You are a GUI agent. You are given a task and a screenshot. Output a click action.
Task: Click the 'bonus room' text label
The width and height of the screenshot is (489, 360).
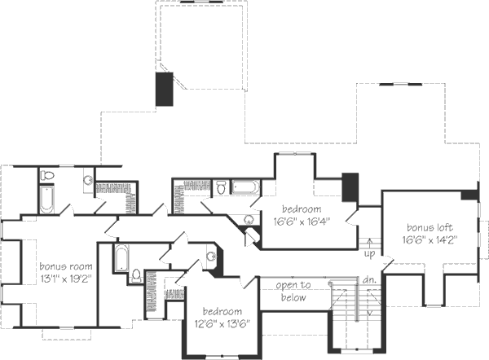pos(65,266)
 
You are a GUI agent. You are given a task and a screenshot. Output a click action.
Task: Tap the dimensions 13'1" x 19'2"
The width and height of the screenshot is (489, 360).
pos(65,278)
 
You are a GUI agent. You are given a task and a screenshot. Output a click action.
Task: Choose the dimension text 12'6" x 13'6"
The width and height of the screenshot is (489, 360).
pos(222,323)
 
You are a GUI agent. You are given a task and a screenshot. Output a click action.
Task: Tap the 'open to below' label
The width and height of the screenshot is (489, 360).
pos(290,292)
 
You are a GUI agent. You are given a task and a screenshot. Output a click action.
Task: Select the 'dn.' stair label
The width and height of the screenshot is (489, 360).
pos(369,281)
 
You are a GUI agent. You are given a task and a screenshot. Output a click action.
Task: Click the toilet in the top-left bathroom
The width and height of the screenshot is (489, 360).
pos(47,175)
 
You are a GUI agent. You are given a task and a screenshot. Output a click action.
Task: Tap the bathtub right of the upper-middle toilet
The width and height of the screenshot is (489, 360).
pos(244,188)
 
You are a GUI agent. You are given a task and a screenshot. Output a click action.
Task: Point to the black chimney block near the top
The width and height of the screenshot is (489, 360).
pos(165,89)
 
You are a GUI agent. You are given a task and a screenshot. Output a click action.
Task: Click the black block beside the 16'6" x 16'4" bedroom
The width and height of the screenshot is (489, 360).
pos(350,188)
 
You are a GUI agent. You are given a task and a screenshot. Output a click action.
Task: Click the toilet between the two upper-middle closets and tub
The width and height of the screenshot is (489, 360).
pos(220,189)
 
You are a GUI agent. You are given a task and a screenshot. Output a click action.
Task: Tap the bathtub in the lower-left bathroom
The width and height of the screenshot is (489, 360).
pos(121,258)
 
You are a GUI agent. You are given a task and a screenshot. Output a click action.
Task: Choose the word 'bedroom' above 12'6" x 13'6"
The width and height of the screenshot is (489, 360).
pos(222,312)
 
